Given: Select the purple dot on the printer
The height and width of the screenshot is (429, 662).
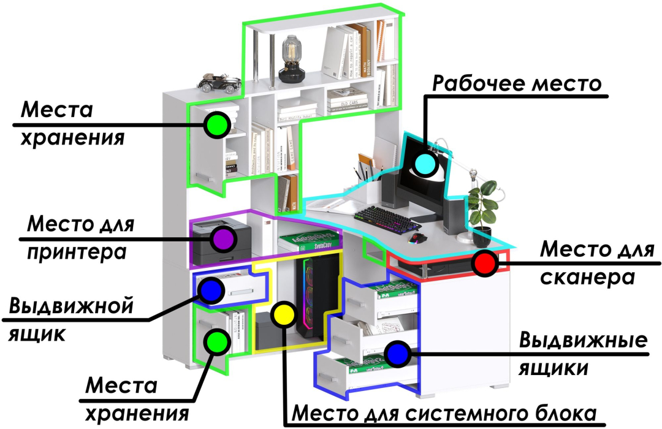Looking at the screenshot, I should point(223,238).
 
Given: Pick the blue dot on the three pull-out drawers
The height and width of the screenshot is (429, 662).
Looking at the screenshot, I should point(397,354).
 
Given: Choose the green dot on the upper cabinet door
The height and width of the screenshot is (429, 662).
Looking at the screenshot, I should point(217,124).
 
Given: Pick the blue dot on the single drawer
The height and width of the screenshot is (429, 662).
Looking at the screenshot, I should point(211,290).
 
